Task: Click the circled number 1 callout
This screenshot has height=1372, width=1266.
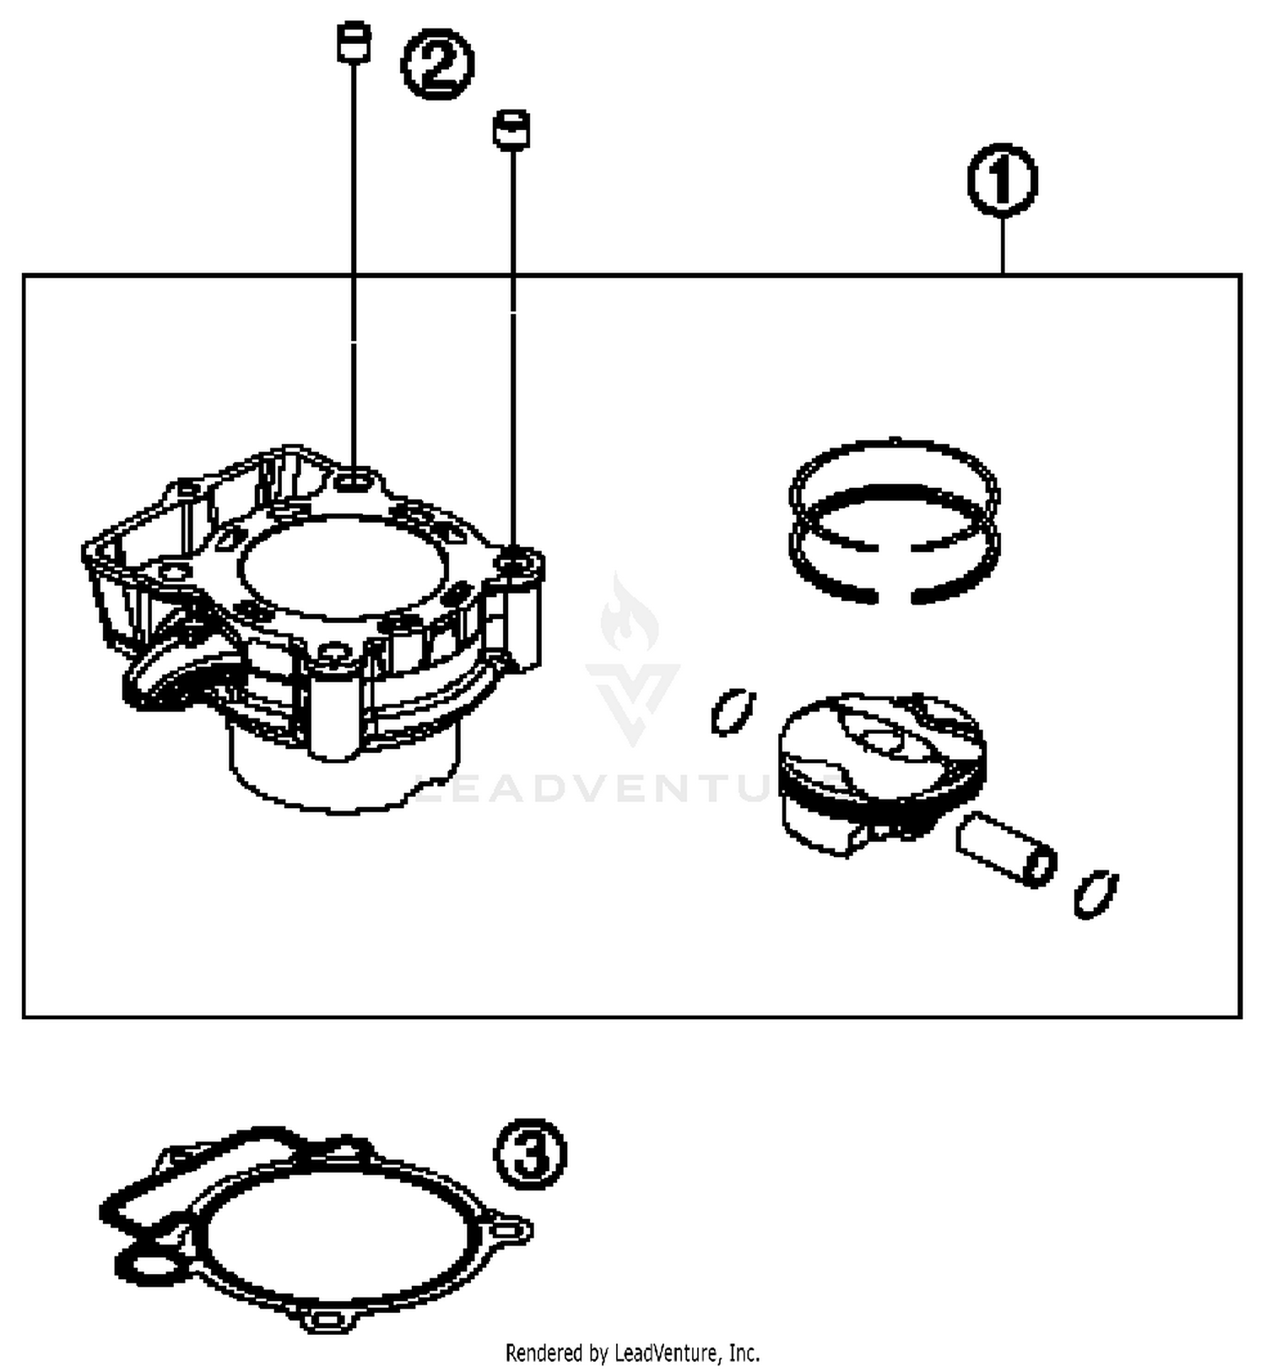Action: click(1002, 180)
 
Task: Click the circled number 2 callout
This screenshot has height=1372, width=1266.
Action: click(437, 65)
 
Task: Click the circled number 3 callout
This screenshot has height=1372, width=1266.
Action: click(530, 1153)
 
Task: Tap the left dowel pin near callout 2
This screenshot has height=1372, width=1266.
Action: click(354, 42)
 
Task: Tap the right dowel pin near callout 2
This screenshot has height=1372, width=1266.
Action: click(511, 130)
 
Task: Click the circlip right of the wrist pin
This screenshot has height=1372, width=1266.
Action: click(1096, 892)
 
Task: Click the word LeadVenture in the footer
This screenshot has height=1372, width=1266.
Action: click(667, 1353)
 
